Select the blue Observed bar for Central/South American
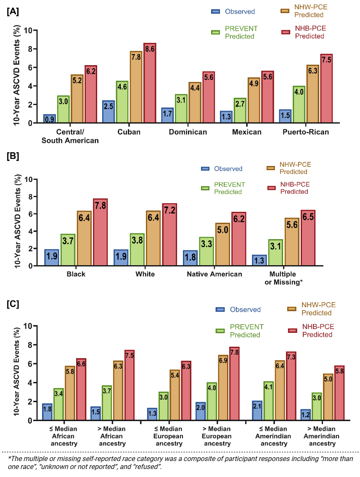point(49,119)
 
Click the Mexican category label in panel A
point(247,132)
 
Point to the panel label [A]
point(12,11)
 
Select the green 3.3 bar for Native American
point(206,251)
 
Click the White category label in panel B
point(146,274)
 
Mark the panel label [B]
point(13,156)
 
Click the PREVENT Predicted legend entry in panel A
point(241,32)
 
